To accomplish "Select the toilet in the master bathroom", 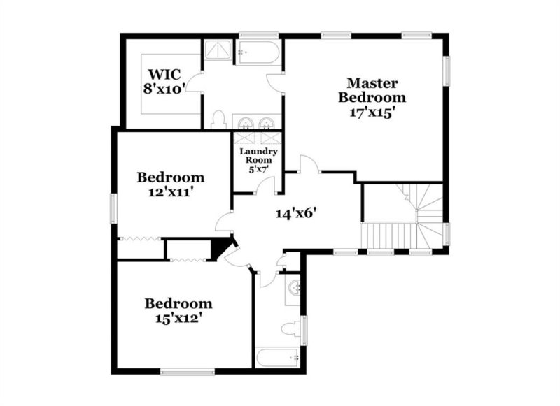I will (218, 120).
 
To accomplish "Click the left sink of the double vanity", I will (245, 124).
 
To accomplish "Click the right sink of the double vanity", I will (267, 124).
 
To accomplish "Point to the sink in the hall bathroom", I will (294, 287).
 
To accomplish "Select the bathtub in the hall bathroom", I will (277, 358).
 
